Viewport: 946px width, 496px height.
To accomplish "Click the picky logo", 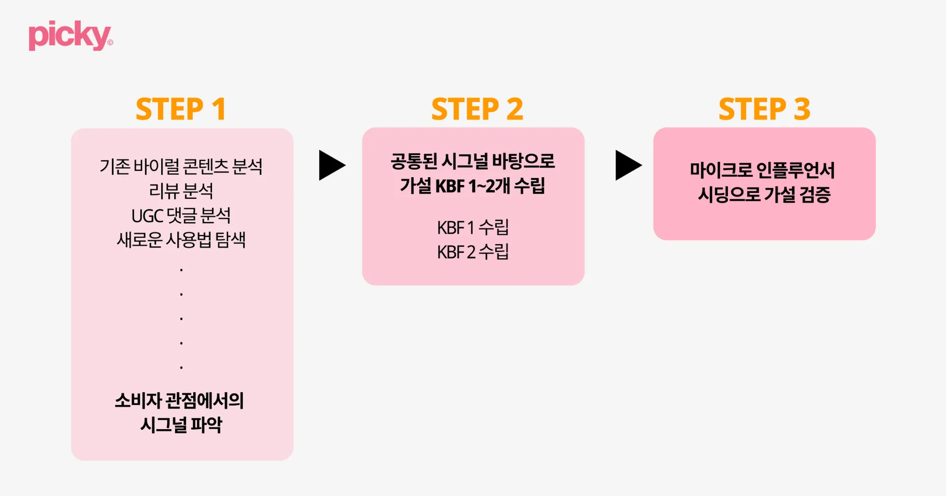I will tap(69, 35).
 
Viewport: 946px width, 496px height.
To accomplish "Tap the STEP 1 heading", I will tap(181, 109).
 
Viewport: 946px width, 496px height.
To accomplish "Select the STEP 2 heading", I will tap(477, 109).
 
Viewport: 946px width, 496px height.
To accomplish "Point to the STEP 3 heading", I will tap(764, 109).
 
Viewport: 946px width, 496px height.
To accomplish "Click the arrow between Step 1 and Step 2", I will tap(332, 165).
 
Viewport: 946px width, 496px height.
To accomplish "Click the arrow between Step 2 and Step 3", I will tap(628, 165).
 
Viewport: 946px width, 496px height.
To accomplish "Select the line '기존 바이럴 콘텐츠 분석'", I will tap(181, 166).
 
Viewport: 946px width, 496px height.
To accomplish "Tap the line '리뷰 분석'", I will tap(181, 191).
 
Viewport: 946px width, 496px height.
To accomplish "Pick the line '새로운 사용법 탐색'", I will tap(181, 240).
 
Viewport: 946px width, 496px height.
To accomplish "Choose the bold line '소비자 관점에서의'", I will tap(179, 401).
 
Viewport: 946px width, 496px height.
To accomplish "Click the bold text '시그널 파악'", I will tap(181, 425).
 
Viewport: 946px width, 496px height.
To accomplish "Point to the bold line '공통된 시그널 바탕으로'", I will tap(473, 161).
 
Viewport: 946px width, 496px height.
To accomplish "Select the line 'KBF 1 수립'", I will tap(473, 227).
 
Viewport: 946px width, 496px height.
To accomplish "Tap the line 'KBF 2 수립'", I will tap(473, 252).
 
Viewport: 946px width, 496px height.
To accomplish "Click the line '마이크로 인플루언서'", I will tap(762, 170).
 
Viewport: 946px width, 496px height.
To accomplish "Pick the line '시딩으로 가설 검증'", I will tap(764, 194).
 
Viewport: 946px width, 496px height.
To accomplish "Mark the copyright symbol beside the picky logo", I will tap(110, 43).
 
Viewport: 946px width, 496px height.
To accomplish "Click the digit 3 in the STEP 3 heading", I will tap(802, 109).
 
